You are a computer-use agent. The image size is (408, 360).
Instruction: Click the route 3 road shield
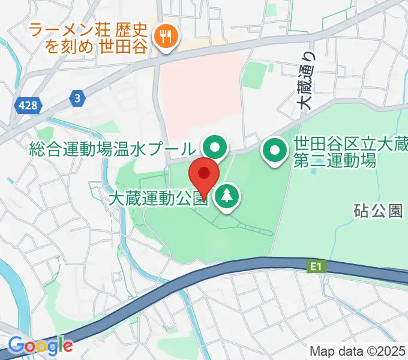click(x=77, y=98)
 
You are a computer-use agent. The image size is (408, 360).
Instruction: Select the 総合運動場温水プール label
click(x=113, y=149)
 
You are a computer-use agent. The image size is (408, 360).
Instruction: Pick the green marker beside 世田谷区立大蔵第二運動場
click(x=275, y=151)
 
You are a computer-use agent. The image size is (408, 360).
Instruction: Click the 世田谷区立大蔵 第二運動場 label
click(x=350, y=152)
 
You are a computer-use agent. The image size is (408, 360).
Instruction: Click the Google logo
click(x=40, y=345)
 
